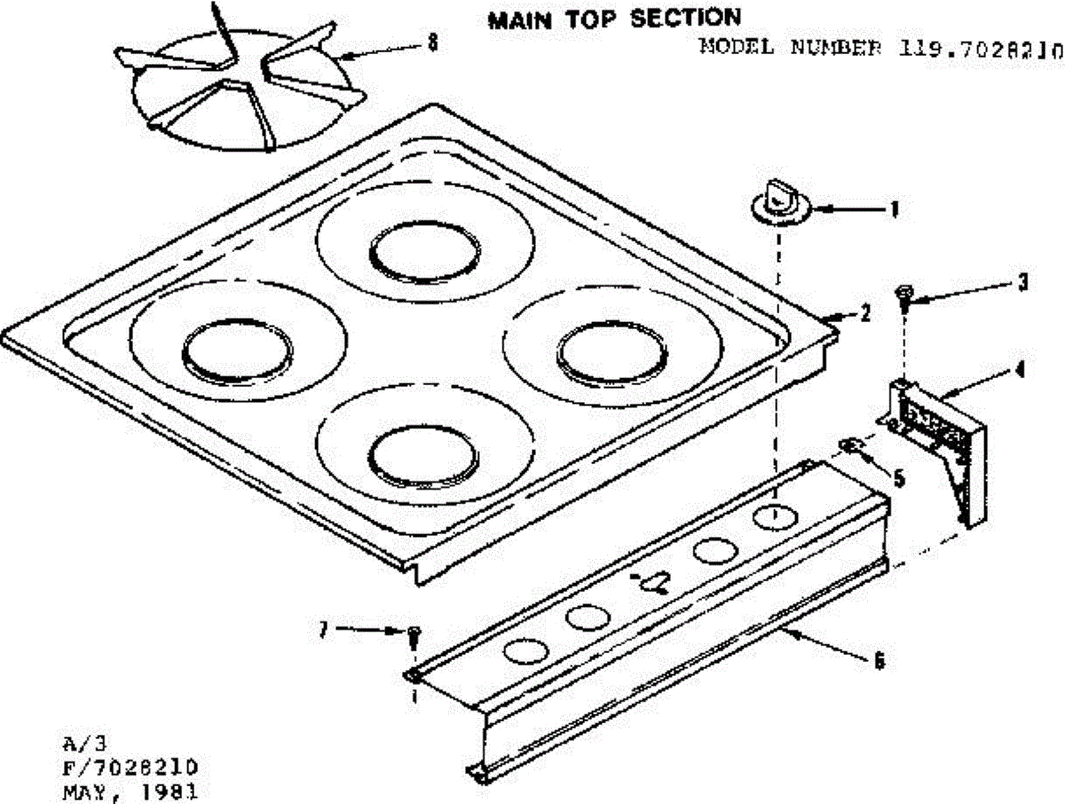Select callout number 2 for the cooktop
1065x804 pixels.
click(864, 314)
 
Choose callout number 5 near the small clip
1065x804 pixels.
click(899, 479)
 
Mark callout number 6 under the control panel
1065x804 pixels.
click(879, 660)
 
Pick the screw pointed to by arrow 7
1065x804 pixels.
click(414, 634)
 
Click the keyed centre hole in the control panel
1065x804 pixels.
click(653, 582)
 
